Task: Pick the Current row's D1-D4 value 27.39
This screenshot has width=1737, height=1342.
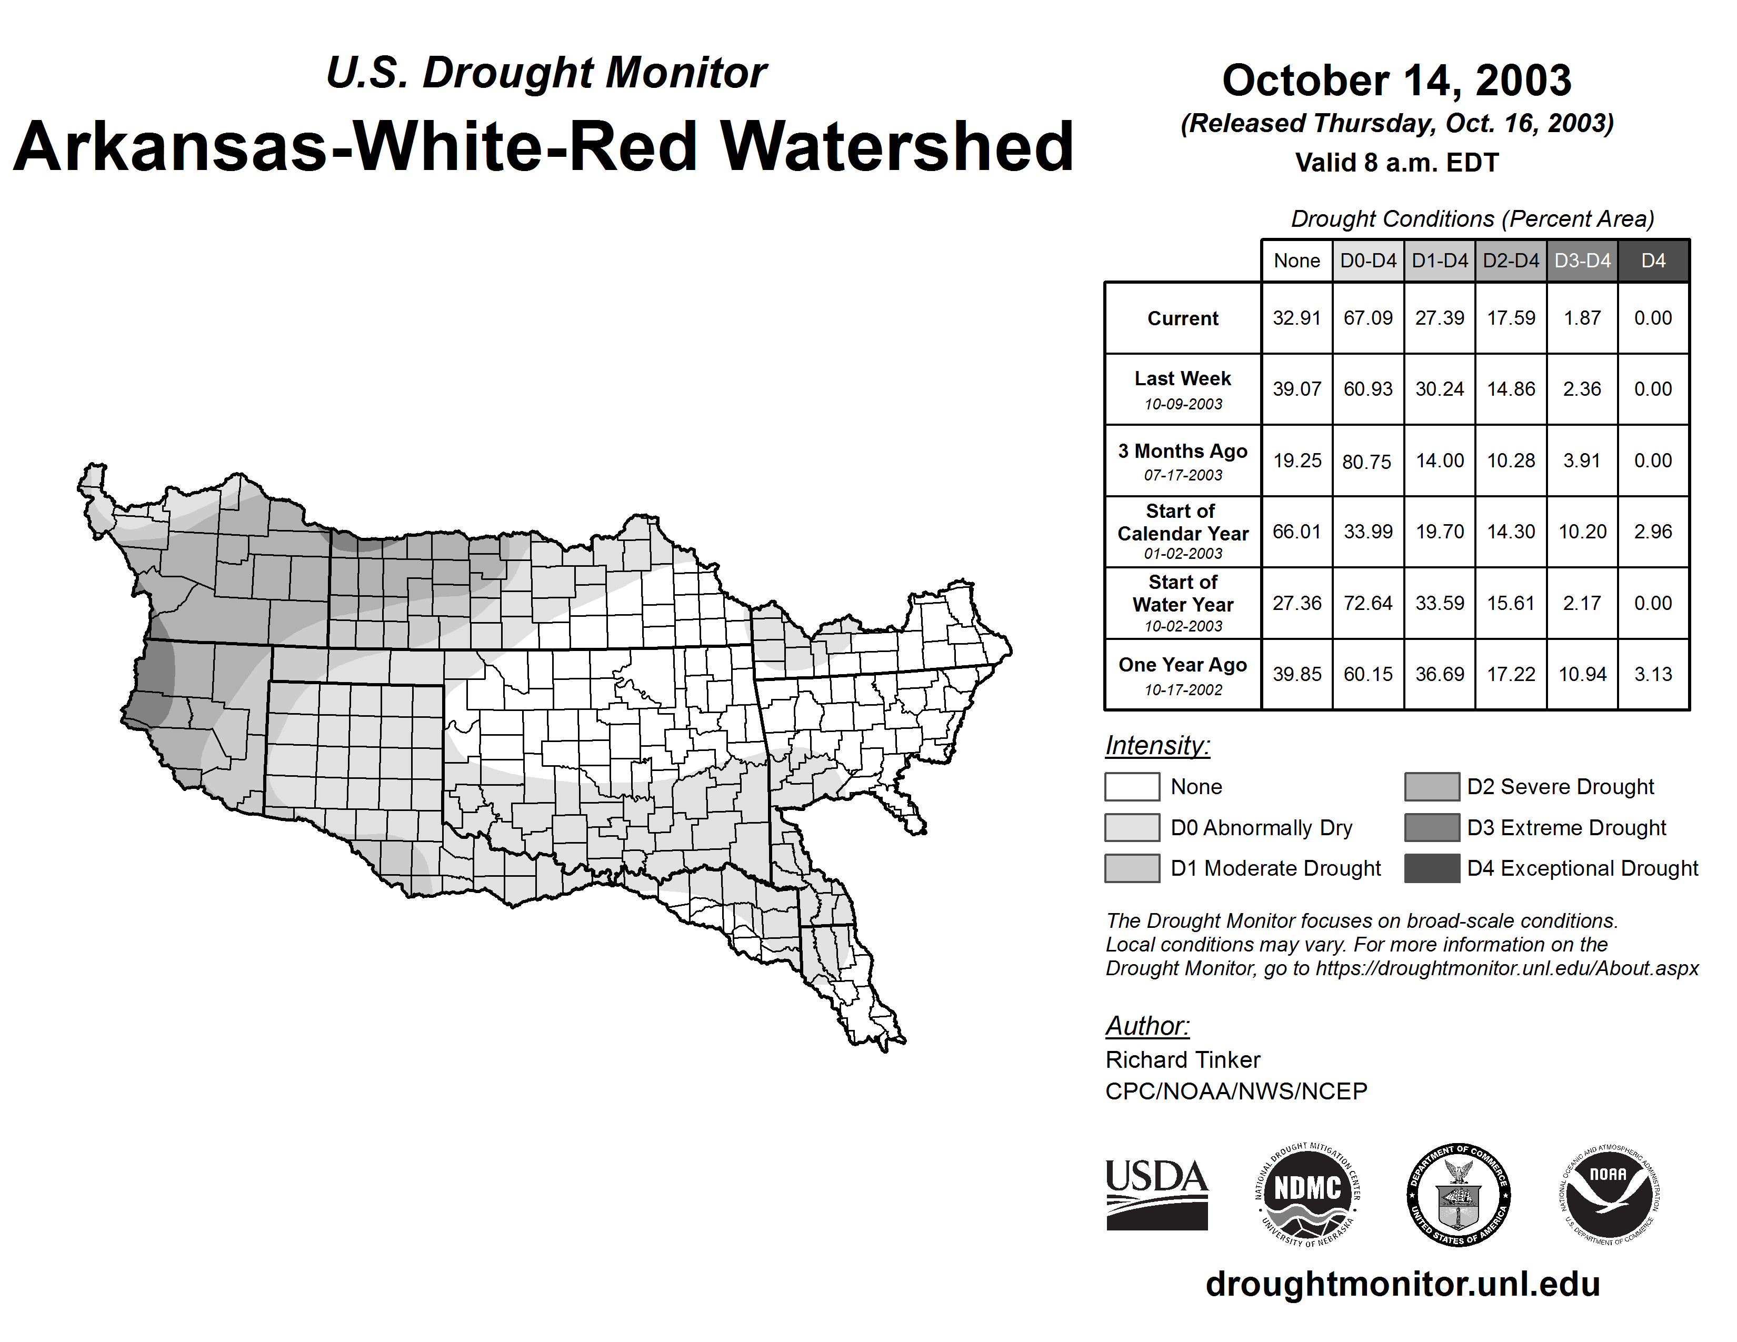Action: pyautogui.click(x=1440, y=318)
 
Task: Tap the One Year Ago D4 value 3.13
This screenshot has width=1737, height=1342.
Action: pyautogui.click(x=1653, y=674)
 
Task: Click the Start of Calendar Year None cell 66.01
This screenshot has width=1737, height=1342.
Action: pyautogui.click(x=1296, y=532)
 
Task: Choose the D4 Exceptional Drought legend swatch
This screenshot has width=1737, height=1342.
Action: pyautogui.click(x=1432, y=868)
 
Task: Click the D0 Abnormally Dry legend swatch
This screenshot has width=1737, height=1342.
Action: pyautogui.click(x=1132, y=828)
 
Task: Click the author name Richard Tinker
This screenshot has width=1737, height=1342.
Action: pyautogui.click(x=1183, y=1060)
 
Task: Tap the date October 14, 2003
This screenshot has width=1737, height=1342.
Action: pyautogui.click(x=1396, y=81)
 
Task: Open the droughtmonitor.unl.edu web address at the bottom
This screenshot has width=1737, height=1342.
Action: pyautogui.click(x=1403, y=1284)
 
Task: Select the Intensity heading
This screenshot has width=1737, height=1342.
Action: pyautogui.click(x=1157, y=746)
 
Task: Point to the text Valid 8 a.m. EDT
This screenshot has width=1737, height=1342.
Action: pyautogui.click(x=1396, y=163)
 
